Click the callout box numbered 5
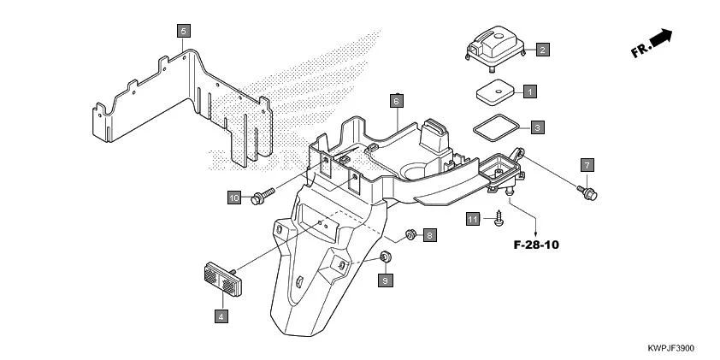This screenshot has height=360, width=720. tap(184, 31)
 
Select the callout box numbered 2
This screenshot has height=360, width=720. tap(543, 50)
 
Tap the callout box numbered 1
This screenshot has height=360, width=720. tap(529, 90)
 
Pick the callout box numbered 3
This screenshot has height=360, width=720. tap(536, 127)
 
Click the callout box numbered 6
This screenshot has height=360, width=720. tap(396, 100)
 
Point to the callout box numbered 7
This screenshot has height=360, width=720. tap(587, 163)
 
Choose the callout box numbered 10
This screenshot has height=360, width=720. tap(234, 198)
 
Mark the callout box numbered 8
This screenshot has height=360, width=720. tap(429, 233)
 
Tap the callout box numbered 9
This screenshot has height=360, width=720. tap(385, 280)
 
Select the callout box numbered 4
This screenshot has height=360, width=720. tap(221, 316)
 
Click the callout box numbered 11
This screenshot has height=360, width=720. tap(473, 220)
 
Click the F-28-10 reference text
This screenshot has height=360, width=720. tap(536, 245)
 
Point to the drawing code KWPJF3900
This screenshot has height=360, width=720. tap(671, 349)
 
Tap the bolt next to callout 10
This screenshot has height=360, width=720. tap(261, 197)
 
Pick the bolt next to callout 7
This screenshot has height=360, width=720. tap(587, 192)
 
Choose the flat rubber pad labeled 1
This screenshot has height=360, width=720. tap(495, 91)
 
